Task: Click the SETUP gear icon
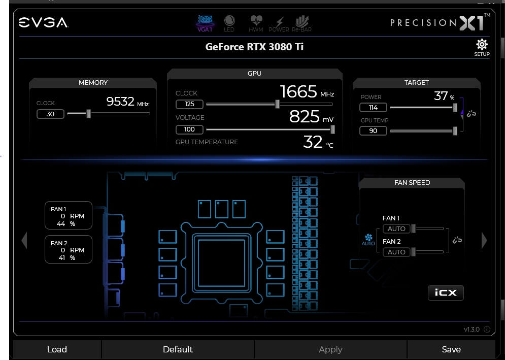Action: pyautogui.click(x=482, y=45)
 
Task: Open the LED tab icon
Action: pyautogui.click(x=229, y=21)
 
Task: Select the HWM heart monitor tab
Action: pyautogui.click(x=256, y=21)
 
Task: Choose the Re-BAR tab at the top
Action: pyautogui.click(x=302, y=21)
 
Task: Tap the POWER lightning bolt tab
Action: pyautogui.click(x=279, y=21)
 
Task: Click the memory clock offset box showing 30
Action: pyautogui.click(x=50, y=114)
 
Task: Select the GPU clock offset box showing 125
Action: pyautogui.click(x=189, y=104)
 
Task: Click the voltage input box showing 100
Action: pyautogui.click(x=189, y=129)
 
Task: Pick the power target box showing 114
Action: pyautogui.click(x=373, y=107)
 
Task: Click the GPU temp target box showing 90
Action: pyautogui.click(x=373, y=131)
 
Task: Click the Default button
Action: pyautogui.click(x=178, y=349)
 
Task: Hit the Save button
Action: pyautogui.click(x=451, y=349)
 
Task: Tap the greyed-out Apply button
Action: pyautogui.click(x=330, y=349)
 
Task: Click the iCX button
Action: pyautogui.click(x=446, y=292)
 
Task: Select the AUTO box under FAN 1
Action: pyautogui.click(x=396, y=229)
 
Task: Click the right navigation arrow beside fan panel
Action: pyautogui.click(x=484, y=241)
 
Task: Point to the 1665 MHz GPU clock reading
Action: pyautogui.click(x=307, y=92)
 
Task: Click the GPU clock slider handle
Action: pyautogui.click(x=277, y=104)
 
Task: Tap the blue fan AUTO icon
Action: pyautogui.click(x=368, y=240)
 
